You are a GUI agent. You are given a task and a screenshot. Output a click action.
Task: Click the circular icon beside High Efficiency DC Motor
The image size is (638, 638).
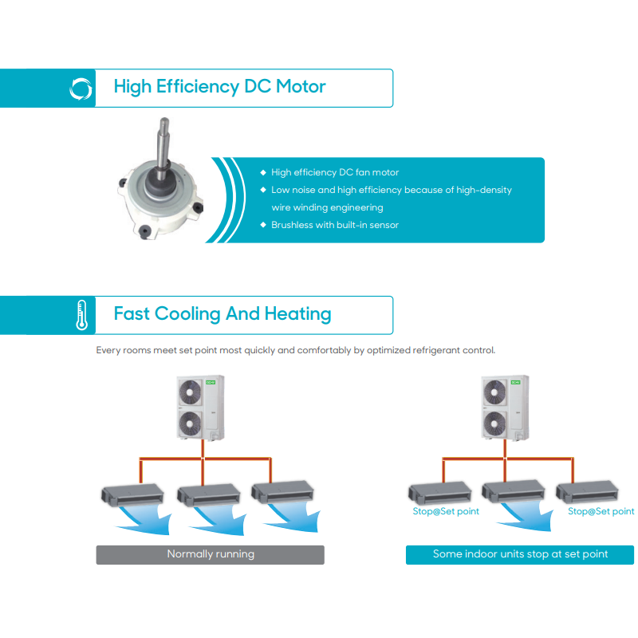(x=81, y=88)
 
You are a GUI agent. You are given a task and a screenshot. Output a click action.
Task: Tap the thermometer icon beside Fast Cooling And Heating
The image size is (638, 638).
(x=81, y=315)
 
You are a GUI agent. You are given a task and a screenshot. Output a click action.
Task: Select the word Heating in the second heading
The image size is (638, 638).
(x=297, y=313)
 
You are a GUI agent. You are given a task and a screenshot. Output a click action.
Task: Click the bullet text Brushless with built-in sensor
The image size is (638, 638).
(x=334, y=225)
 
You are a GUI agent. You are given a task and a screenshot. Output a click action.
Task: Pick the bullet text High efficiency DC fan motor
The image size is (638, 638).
(x=334, y=172)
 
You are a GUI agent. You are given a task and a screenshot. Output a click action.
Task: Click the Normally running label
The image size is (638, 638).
(x=211, y=554)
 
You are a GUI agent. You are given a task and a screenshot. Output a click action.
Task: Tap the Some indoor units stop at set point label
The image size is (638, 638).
(x=520, y=554)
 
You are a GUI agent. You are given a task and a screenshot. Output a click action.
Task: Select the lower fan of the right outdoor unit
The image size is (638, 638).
(x=498, y=420)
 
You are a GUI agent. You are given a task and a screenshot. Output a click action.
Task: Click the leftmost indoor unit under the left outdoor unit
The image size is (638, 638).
(x=131, y=494)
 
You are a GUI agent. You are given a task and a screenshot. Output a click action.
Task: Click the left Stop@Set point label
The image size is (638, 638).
(x=446, y=511)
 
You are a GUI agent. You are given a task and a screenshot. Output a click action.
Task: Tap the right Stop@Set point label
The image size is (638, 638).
(x=601, y=511)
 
